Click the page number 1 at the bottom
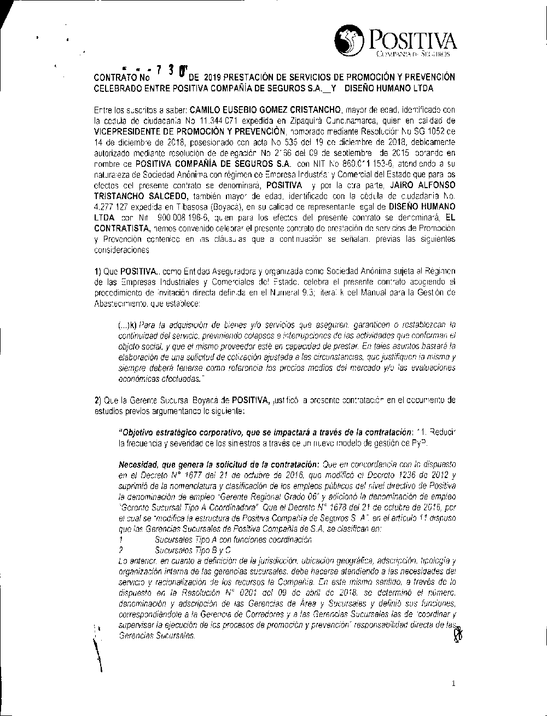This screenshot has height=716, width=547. coord(454,683)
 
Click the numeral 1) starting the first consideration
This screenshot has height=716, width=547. coord(98,271)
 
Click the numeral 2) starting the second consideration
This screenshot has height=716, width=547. coord(98,400)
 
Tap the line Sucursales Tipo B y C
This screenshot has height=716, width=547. coord(193,549)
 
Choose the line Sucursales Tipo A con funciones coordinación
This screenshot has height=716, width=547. coord(233,539)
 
